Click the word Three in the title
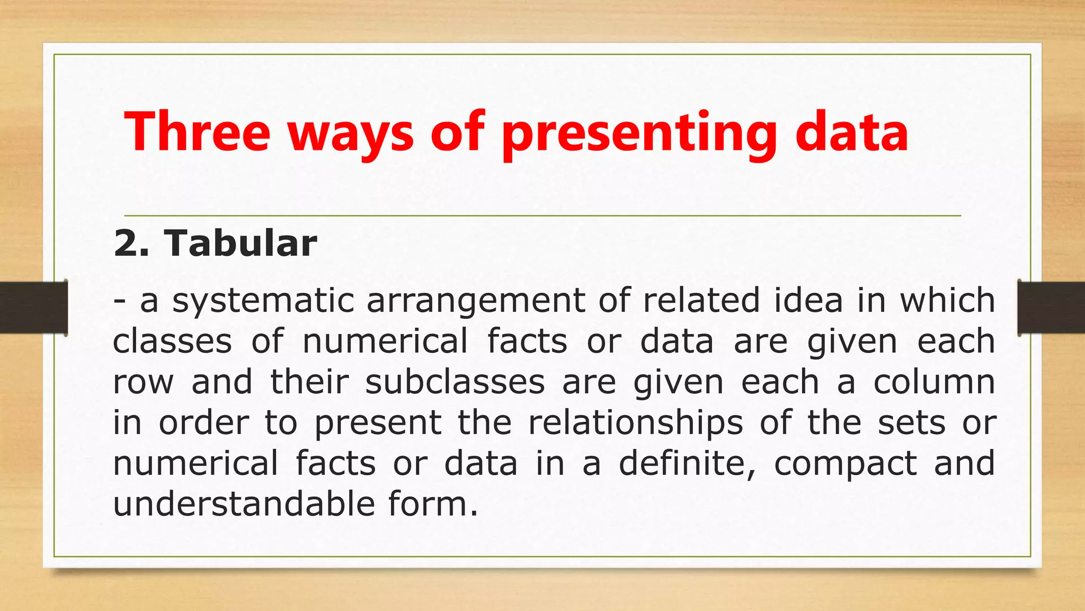coord(197,131)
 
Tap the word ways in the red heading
coord(350,134)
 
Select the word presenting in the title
coord(639,134)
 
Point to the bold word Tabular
coord(241,243)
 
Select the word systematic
coord(263,301)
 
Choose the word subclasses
coord(455,382)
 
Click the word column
coord(934,382)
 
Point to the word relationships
coord(635,423)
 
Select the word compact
coord(845,464)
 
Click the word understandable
coord(244,504)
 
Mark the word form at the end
coord(432,504)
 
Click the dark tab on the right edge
coord(1051,308)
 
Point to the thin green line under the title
coord(542,216)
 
